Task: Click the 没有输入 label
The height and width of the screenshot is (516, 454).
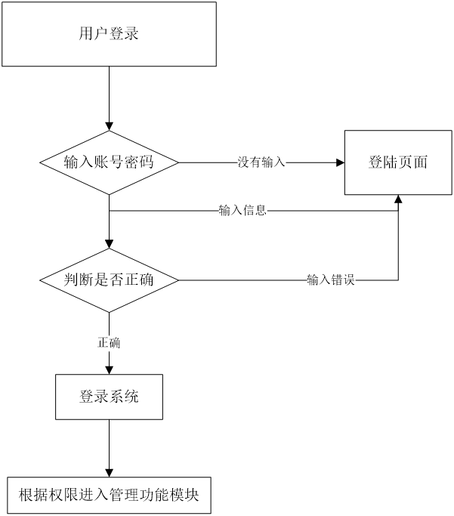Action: pyautogui.click(x=261, y=162)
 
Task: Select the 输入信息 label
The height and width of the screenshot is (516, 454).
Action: pyautogui.click(x=242, y=211)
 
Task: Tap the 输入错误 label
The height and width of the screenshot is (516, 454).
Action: pyautogui.click(x=331, y=280)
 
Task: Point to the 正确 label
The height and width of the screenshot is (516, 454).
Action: pyautogui.click(x=109, y=344)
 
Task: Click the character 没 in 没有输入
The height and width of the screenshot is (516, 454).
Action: pyautogui.click(x=244, y=162)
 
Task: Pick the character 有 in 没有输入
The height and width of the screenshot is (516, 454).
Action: pyautogui.click(x=255, y=162)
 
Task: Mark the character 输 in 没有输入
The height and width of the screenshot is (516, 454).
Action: pyautogui.click(x=267, y=162)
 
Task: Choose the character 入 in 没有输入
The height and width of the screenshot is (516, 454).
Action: pyautogui.click(x=280, y=162)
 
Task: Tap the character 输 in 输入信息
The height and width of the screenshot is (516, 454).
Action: pyautogui.click(x=224, y=211)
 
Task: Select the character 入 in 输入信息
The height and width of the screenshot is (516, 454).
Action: pyautogui.click(x=236, y=211)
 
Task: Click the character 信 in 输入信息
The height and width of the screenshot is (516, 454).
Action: pyautogui.click(x=249, y=211)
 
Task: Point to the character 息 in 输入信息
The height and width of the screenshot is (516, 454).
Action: pyautogui.click(x=261, y=211)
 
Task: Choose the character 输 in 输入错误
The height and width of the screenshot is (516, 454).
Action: pyautogui.click(x=313, y=280)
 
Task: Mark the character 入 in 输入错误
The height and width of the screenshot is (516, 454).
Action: pyautogui.click(x=325, y=280)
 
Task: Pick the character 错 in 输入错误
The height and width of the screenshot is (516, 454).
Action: pyautogui.click(x=337, y=280)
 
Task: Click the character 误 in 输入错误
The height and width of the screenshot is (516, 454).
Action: pyautogui.click(x=349, y=280)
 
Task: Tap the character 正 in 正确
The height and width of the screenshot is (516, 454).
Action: pyautogui.click(x=103, y=344)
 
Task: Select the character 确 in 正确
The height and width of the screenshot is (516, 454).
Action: pyautogui.click(x=115, y=344)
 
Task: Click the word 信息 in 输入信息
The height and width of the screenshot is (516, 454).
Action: pyautogui.click(x=255, y=211)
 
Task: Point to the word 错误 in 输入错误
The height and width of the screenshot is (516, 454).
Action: pyautogui.click(x=343, y=280)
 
